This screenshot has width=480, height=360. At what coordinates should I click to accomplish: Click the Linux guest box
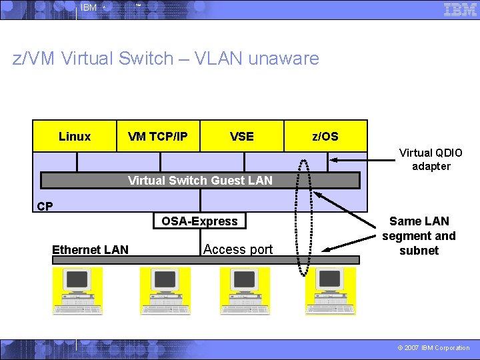[75, 136]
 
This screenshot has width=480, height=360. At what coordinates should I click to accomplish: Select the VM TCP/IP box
[158, 136]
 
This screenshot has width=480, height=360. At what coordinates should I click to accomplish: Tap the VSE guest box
[241, 136]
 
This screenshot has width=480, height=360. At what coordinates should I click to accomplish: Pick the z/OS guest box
[325, 136]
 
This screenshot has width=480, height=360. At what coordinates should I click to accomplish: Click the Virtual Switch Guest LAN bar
[200, 180]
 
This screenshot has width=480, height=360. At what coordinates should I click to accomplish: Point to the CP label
[45, 206]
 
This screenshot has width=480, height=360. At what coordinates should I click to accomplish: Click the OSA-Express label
[199, 221]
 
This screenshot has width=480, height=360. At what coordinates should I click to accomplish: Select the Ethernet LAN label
[90, 250]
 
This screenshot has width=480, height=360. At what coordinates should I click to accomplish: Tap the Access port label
[238, 249]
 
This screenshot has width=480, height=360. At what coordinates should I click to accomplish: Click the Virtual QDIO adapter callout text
[431, 159]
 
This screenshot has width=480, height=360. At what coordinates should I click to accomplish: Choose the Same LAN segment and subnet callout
[419, 236]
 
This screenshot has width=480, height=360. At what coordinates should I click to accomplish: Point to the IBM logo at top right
[460, 9]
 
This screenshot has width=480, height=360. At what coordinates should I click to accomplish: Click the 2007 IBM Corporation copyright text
[433, 347]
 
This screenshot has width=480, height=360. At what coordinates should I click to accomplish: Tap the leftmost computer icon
[77, 291]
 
